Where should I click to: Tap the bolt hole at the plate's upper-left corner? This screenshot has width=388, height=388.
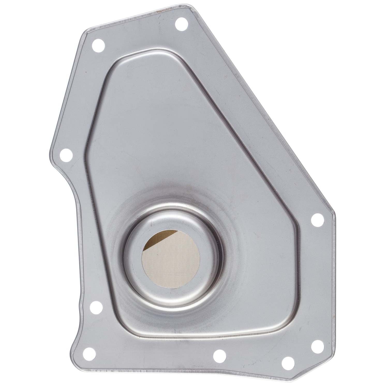[98, 46]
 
